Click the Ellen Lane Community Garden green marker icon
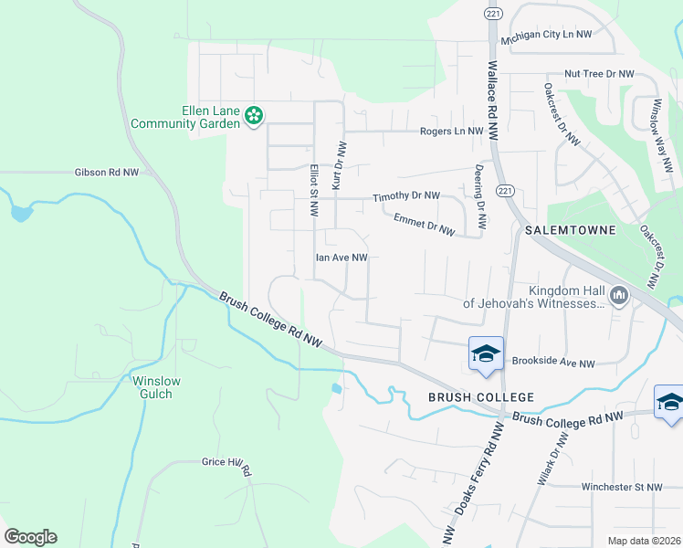point(253,116)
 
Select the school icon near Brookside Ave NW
point(486,354)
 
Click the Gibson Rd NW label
point(107,172)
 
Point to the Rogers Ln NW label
point(451,132)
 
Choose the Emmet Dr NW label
point(424,225)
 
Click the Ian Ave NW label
point(341,258)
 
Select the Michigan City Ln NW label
point(552,34)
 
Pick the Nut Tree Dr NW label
point(599,73)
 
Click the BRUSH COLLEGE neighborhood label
point(481,397)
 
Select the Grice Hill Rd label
point(226,464)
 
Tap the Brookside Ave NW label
point(552,364)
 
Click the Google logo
point(30,537)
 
